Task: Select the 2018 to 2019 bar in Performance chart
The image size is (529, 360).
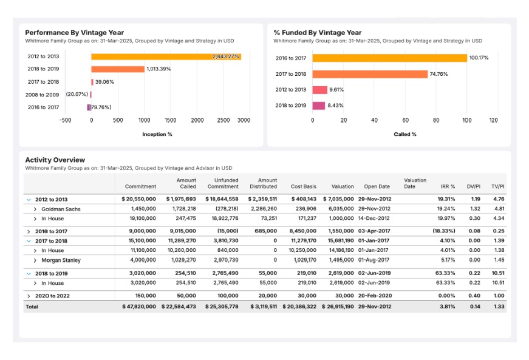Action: point(118,69)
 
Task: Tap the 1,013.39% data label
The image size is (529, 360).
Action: point(159,69)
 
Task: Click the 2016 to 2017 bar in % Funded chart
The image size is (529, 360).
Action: point(389,58)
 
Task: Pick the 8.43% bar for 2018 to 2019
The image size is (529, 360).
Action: point(319,106)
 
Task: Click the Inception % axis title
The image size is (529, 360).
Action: point(157,134)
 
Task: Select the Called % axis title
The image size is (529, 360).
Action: point(404,134)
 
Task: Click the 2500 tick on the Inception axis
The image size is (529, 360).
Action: point(224,120)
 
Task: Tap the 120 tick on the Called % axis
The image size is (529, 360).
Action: point(493,120)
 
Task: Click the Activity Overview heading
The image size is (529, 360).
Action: point(55,160)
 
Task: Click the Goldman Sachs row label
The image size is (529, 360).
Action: point(61,209)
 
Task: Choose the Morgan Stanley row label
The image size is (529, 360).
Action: point(61,260)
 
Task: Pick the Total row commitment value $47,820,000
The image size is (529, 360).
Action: point(138,307)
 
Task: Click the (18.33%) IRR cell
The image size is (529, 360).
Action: point(442,231)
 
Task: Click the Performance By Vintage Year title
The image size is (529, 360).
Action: point(74,33)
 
